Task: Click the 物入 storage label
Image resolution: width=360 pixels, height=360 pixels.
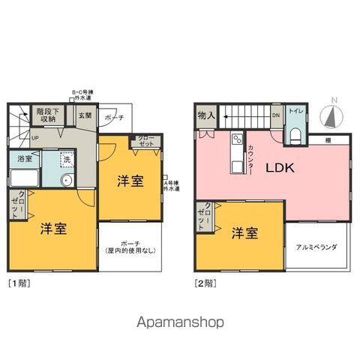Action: (205, 115)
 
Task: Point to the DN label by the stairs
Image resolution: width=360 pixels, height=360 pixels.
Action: (275, 115)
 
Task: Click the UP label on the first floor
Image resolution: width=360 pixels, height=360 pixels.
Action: (35, 137)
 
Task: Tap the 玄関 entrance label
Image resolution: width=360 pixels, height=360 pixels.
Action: (85, 115)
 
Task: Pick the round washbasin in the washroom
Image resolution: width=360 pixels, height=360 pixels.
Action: (65, 180)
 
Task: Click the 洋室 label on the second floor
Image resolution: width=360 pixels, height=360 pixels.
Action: (245, 232)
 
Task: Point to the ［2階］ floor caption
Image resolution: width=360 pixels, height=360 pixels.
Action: (205, 283)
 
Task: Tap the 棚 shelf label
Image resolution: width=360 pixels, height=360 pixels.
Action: (329, 139)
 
